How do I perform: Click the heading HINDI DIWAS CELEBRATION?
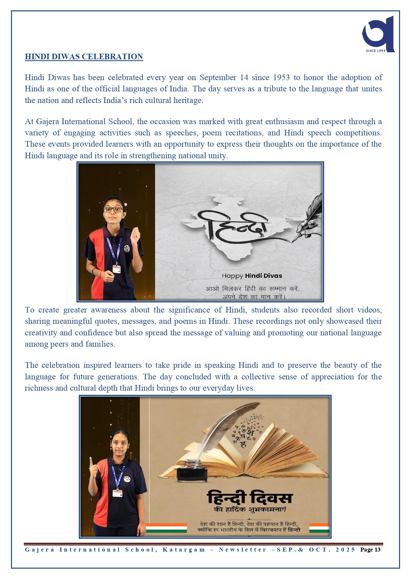84,57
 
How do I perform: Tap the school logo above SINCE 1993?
379,33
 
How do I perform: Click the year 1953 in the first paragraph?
281,77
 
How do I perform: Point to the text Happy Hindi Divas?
252,276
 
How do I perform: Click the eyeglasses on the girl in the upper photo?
113,209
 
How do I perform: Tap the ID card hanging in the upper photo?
116,268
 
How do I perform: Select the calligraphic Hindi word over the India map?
237,227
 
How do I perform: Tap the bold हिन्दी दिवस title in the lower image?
250,498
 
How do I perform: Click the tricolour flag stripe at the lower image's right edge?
319,528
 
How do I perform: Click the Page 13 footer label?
370,550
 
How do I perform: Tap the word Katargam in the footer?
184,550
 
